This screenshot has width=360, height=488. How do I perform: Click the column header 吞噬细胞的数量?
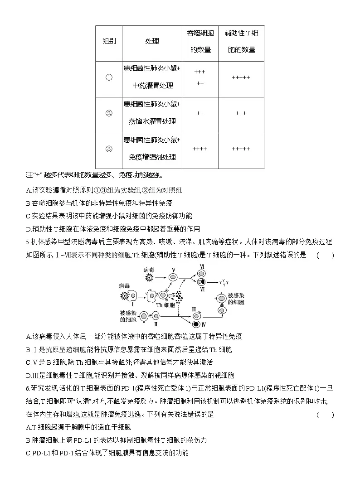point(200,41)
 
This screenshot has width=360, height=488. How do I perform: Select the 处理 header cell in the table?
point(152,41)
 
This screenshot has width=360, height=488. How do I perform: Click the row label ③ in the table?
point(109,149)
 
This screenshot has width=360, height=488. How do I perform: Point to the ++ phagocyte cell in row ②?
point(200,113)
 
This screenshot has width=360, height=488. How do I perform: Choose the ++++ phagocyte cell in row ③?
point(200,149)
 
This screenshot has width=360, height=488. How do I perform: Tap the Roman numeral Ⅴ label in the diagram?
point(173,271)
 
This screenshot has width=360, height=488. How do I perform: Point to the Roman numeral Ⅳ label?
point(203,324)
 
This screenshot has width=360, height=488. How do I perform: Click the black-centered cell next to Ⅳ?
point(195,324)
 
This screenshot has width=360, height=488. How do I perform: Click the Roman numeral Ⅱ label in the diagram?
point(156,324)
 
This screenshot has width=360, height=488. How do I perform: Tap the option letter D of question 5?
point(29,375)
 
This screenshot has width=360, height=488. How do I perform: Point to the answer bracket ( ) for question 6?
point(325,414)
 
